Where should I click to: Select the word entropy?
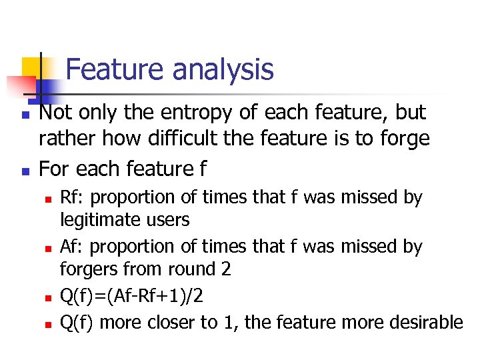pos(193,113)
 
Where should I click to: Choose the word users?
pos(169,219)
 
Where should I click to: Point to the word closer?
pos(169,323)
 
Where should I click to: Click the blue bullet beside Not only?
pos(24,115)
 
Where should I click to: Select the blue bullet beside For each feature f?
pos(24,171)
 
